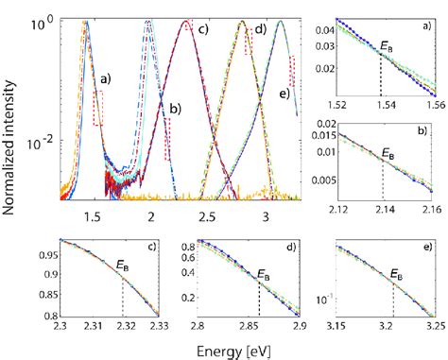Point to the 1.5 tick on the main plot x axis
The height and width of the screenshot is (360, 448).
tap(92, 215)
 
